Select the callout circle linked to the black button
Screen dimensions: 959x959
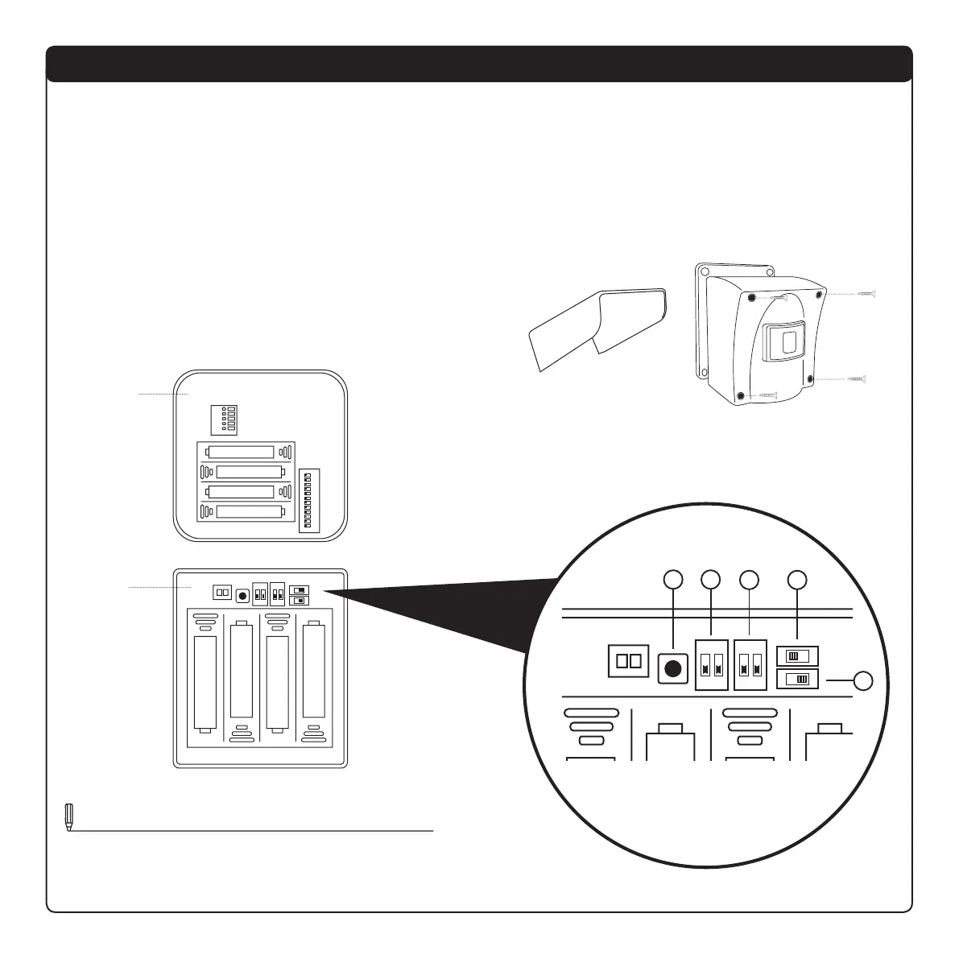point(672,579)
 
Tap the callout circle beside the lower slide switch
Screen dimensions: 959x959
point(863,681)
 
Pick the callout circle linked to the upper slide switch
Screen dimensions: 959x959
point(796,579)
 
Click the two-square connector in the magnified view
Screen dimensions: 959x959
point(628,661)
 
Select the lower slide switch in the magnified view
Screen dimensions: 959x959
point(796,680)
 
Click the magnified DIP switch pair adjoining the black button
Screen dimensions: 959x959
point(712,665)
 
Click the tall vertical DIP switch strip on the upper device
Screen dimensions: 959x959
point(309,498)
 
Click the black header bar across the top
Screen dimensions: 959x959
point(479,64)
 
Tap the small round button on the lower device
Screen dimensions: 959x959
point(242,596)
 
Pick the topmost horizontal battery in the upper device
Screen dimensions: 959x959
point(245,453)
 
